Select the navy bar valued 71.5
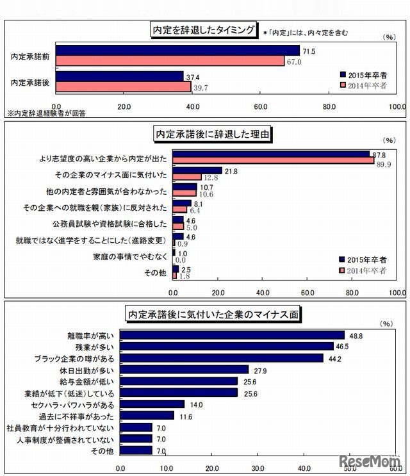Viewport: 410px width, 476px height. point(178,51)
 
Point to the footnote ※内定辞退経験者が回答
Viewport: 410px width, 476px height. point(46,112)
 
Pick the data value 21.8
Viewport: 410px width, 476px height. point(231,170)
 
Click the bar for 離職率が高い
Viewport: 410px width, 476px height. point(233,335)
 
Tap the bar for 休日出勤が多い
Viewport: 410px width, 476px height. point(184,370)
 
